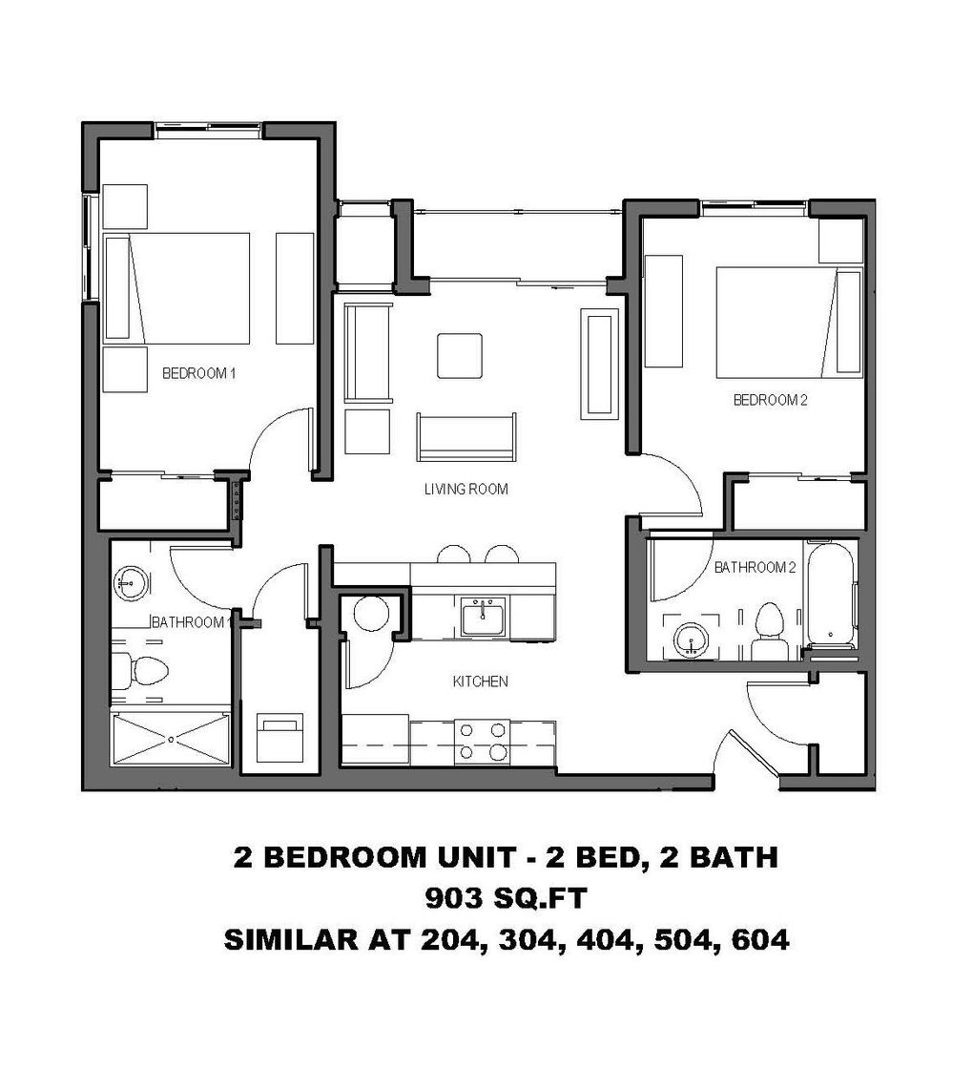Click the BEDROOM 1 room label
coord(198,373)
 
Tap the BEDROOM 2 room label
coord(770,400)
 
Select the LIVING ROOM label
coord(466,490)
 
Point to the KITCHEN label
coord(479,681)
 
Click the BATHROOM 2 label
coord(756,567)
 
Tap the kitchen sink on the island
coord(485,618)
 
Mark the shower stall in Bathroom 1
coord(171,738)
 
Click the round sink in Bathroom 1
coord(129,581)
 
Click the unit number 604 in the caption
coord(759,939)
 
